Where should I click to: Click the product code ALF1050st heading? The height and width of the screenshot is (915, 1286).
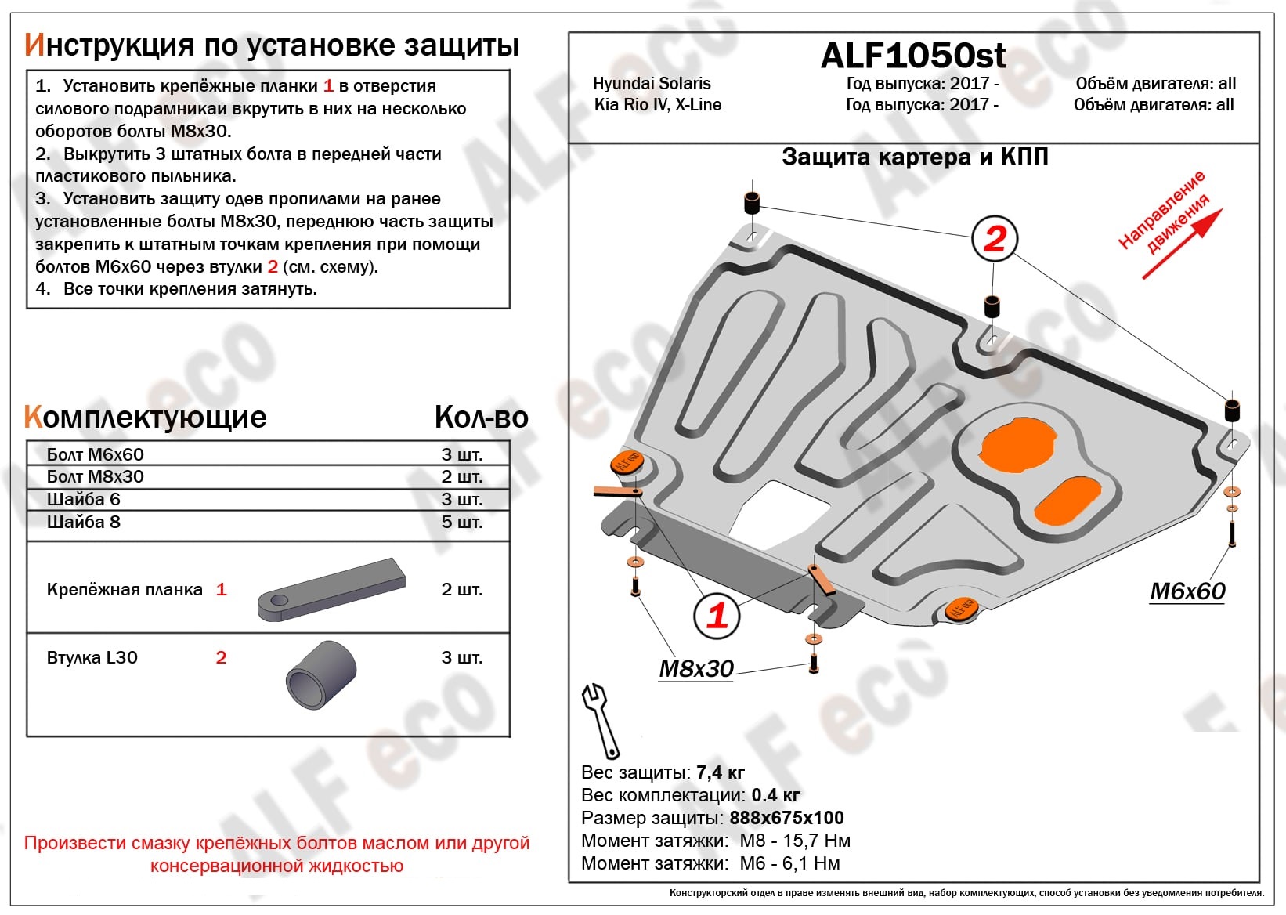point(913,56)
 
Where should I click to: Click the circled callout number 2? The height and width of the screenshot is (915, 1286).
point(994,238)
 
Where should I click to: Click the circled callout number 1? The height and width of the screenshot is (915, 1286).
point(717,615)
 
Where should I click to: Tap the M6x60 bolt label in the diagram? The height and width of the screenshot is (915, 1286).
point(1187,591)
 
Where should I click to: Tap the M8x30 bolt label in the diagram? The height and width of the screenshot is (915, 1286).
point(695,669)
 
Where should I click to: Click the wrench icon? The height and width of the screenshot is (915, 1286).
point(600,719)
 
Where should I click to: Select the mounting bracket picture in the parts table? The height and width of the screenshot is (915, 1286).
point(331,590)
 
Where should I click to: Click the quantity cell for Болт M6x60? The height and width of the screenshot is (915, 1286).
point(461,454)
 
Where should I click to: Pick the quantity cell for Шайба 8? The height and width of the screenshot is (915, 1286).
point(461,522)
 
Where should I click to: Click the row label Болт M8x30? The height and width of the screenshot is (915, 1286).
point(95,476)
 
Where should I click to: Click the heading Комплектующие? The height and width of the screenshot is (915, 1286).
point(146,417)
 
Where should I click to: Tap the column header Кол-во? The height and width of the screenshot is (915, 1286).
point(481,417)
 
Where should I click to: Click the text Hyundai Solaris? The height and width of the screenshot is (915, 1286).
point(651,83)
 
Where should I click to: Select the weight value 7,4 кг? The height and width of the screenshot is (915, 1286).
point(720,772)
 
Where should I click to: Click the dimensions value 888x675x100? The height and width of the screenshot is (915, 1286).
point(786,818)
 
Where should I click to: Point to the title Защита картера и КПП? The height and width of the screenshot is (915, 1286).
point(914,157)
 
